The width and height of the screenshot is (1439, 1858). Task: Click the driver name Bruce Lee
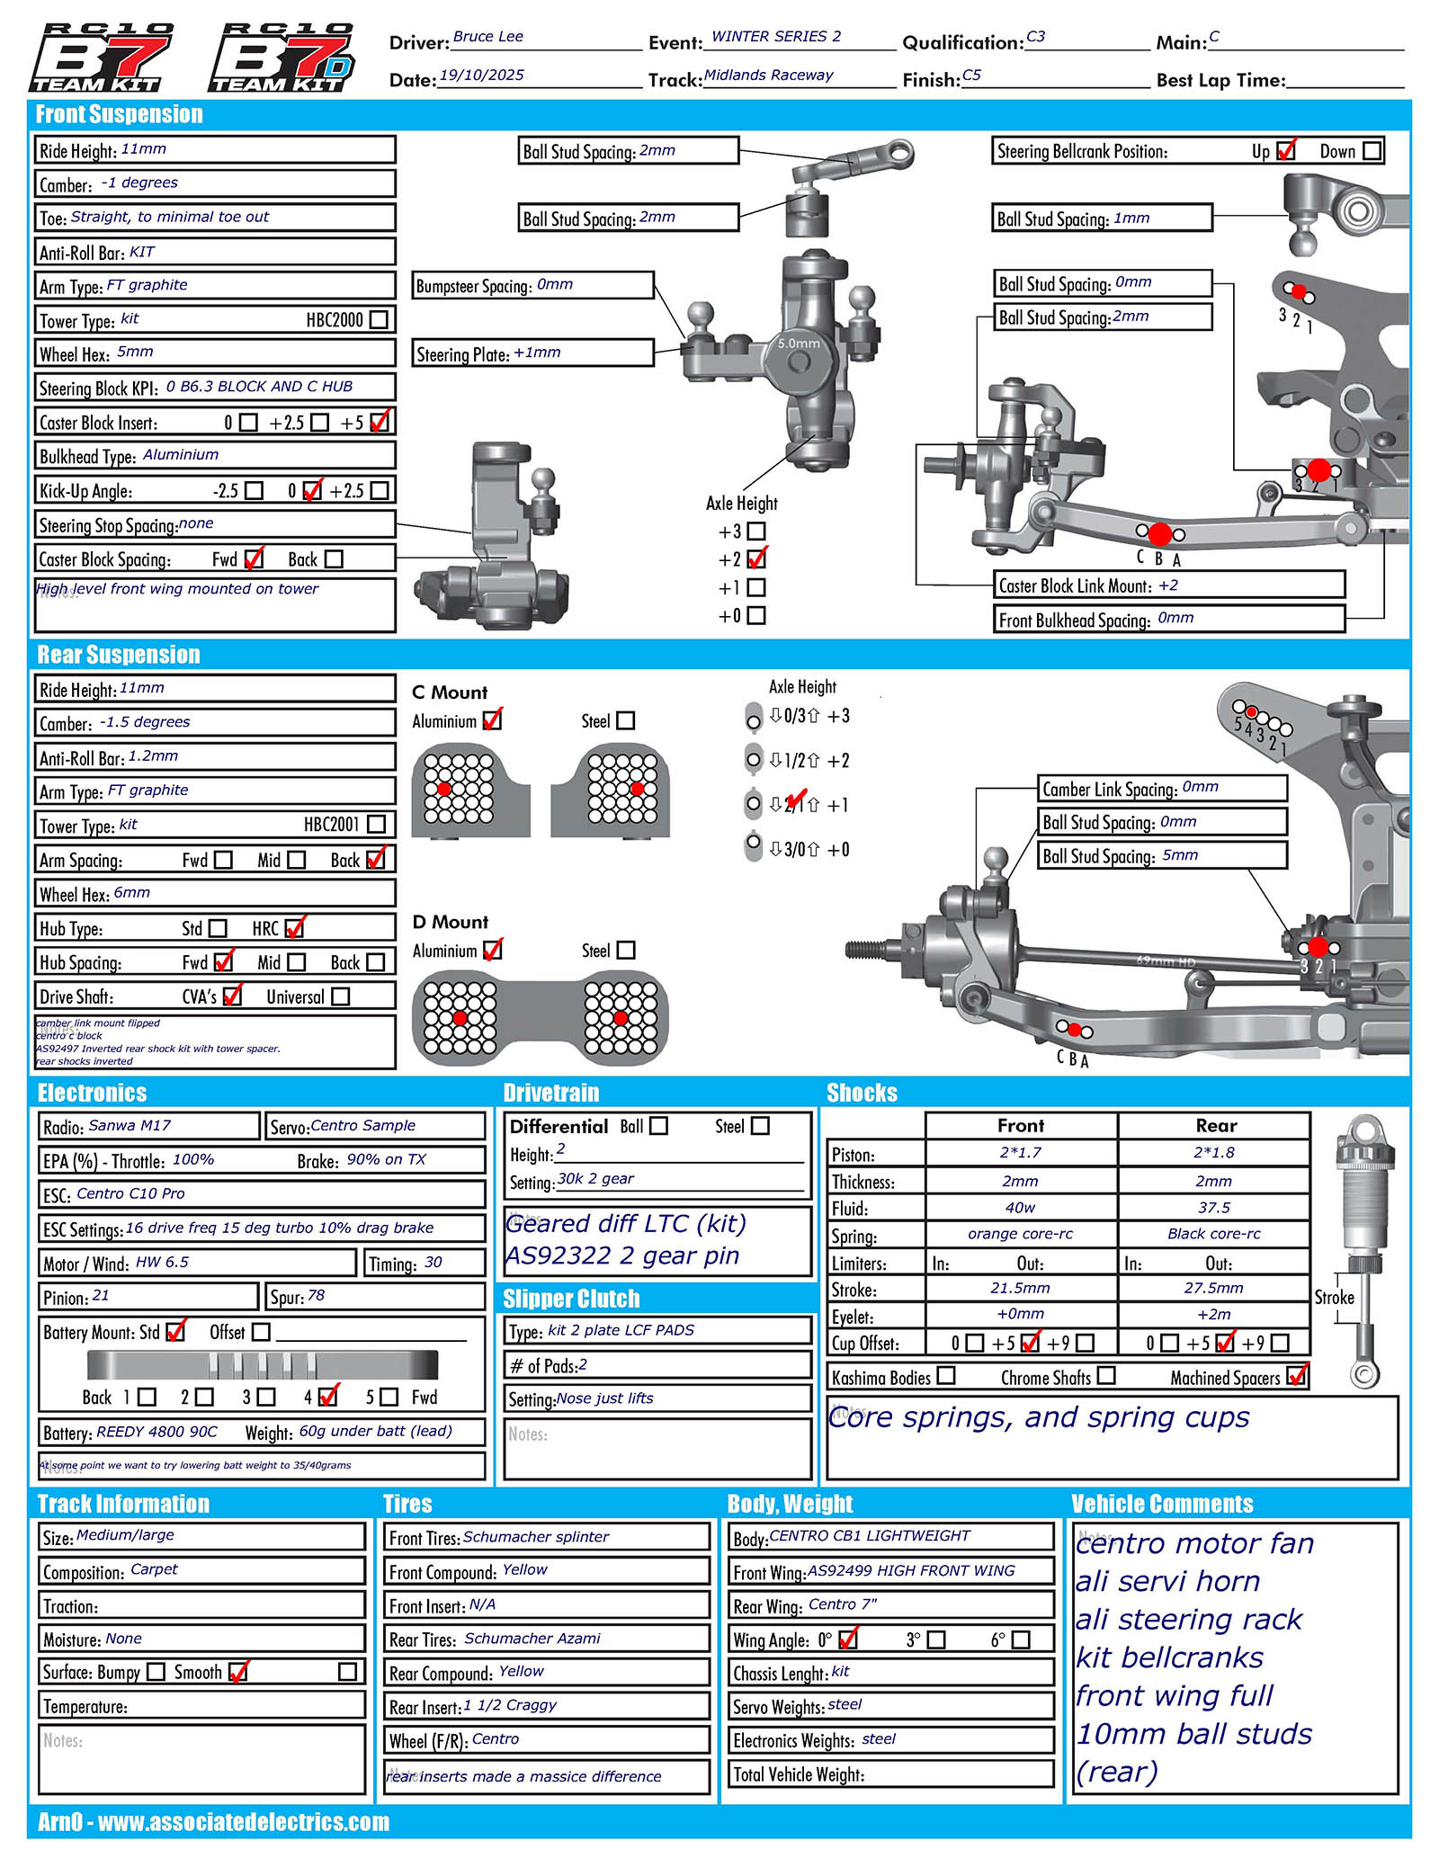coord(488,37)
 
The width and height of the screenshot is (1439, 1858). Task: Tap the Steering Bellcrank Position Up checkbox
coord(1286,151)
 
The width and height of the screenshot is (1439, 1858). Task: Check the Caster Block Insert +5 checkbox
coord(380,422)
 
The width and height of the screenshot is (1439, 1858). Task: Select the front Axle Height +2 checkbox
coord(756,559)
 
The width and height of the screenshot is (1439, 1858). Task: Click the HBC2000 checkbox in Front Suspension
coord(380,319)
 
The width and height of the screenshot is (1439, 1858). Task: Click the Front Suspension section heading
coord(119,114)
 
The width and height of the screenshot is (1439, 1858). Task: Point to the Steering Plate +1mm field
coord(532,353)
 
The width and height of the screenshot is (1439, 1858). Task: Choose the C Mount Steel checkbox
coord(626,721)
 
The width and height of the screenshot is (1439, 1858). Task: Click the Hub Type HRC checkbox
coord(294,928)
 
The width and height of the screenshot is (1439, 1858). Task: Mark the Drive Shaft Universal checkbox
coord(340,996)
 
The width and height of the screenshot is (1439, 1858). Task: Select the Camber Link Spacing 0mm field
coord(1162,789)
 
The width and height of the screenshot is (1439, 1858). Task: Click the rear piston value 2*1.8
coord(1213,1153)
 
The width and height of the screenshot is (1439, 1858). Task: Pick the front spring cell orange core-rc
coord(1020,1234)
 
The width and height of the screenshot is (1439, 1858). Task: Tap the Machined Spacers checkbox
coord(1297,1376)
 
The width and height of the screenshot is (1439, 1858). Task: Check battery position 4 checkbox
coord(328,1397)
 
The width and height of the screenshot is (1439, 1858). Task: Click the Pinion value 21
coord(101,1296)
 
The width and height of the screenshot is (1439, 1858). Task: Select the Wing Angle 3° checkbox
coord(936,1639)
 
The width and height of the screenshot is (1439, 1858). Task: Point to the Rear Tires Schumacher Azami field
coord(546,1639)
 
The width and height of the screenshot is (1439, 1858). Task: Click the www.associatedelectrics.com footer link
coord(243,1823)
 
